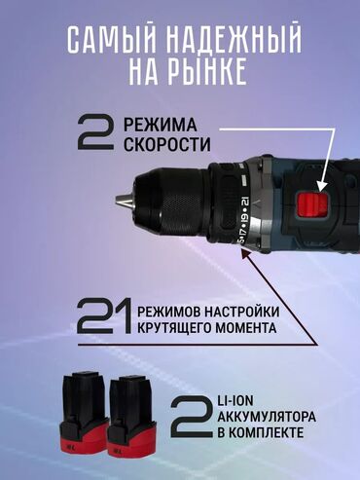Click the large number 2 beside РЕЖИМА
point(95,133)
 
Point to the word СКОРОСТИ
point(167,144)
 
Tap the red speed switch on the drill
point(312,204)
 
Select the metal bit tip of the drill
point(125,201)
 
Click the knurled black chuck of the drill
point(172,202)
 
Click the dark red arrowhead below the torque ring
point(245,253)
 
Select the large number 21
point(105,316)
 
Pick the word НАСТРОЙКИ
point(241,312)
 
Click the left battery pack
point(84,412)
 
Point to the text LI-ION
point(235,401)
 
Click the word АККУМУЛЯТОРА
point(267,417)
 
